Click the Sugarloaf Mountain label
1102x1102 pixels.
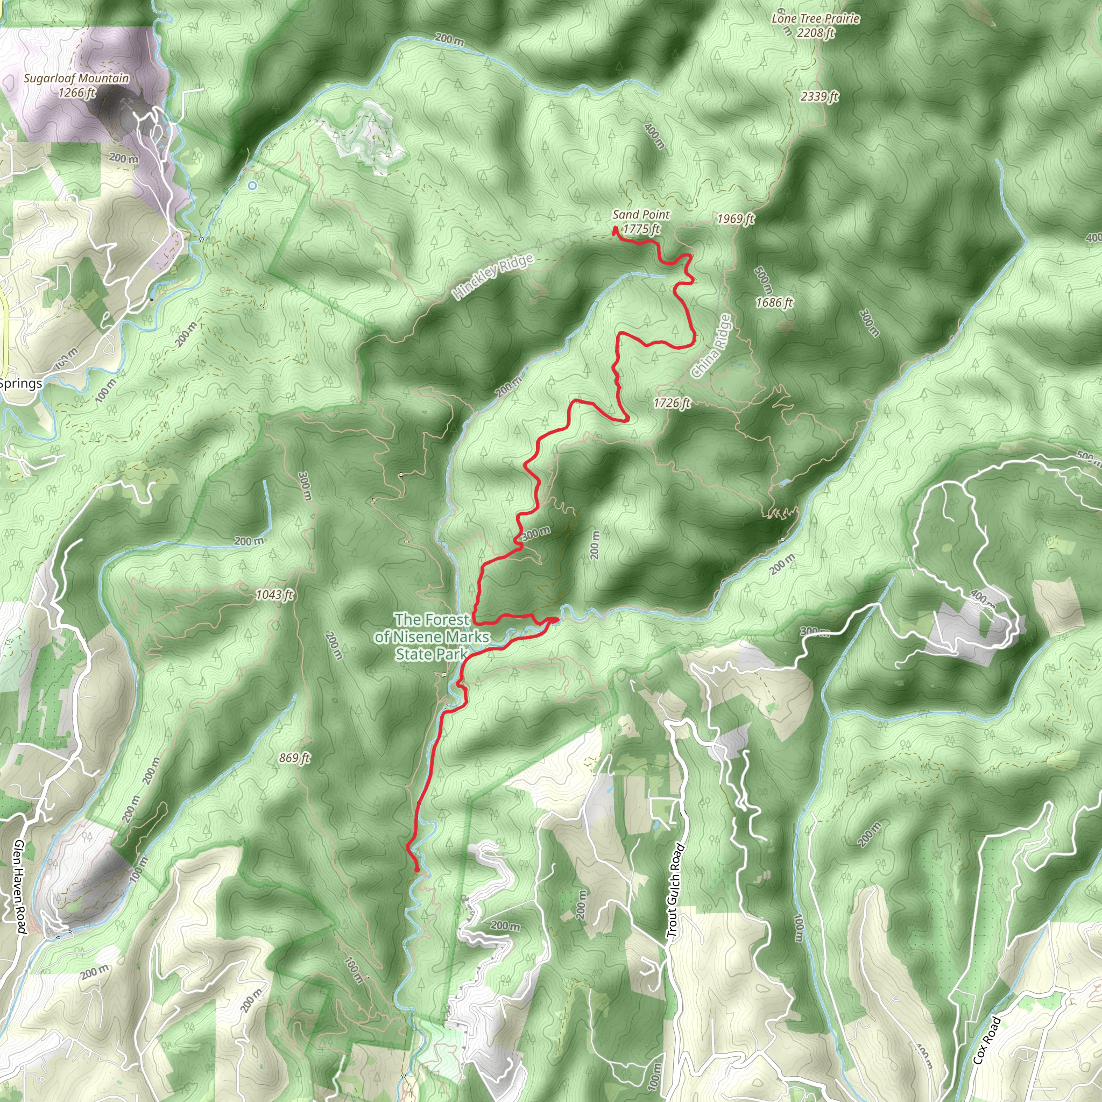click(x=76, y=79)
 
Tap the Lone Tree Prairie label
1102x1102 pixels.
click(x=815, y=19)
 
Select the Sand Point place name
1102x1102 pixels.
click(x=640, y=215)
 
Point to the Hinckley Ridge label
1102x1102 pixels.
click(x=493, y=277)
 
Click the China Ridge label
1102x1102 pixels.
click(x=711, y=346)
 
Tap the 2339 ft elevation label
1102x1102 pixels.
click(x=819, y=96)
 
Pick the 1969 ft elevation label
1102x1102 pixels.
click(x=735, y=219)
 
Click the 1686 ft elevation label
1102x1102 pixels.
click(x=774, y=303)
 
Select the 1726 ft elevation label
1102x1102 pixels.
click(x=672, y=403)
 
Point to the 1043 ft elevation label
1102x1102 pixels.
click(x=274, y=595)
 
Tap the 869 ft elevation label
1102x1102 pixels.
click(x=294, y=758)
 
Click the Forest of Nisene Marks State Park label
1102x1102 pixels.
click(x=432, y=637)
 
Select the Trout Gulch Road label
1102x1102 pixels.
click(x=675, y=890)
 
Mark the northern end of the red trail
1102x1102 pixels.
click(x=616, y=230)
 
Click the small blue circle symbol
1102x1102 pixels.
click(x=253, y=186)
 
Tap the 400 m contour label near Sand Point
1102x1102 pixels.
click(x=654, y=136)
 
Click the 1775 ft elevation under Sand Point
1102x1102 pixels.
click(x=641, y=229)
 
